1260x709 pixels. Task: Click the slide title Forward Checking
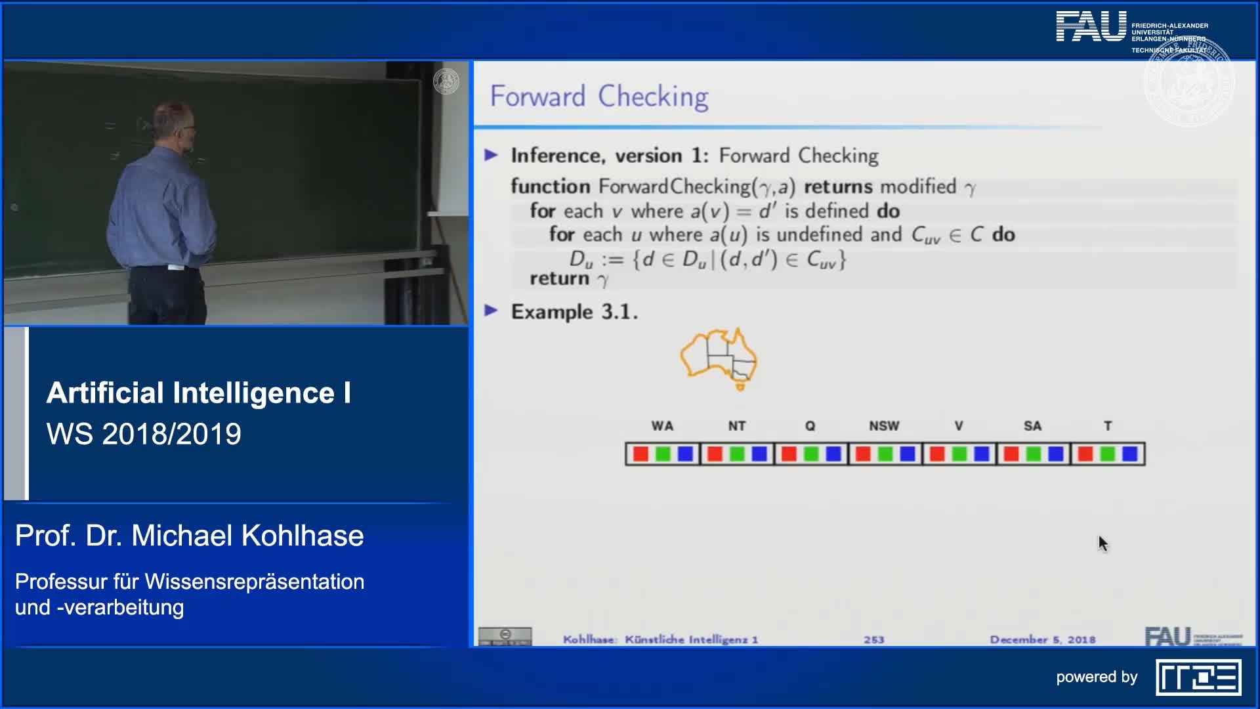pyautogui.click(x=598, y=97)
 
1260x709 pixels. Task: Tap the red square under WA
pyautogui.click(x=640, y=454)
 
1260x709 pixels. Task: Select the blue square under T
pyautogui.click(x=1129, y=454)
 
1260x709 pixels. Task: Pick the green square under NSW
pyautogui.click(x=885, y=454)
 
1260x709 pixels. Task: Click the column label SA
pyautogui.click(x=1032, y=426)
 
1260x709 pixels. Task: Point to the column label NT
pyautogui.click(x=736, y=426)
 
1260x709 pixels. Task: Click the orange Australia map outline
pyautogui.click(x=719, y=359)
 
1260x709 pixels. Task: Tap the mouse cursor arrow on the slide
pyautogui.click(x=1102, y=543)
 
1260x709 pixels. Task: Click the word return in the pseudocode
pyautogui.click(x=559, y=278)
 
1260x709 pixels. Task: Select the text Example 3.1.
pyautogui.click(x=574, y=312)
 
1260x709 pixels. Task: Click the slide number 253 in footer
pyautogui.click(x=873, y=639)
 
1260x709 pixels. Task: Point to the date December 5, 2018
pyautogui.click(x=1042, y=639)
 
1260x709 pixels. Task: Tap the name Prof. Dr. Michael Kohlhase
pyautogui.click(x=189, y=536)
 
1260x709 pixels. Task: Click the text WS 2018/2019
pyautogui.click(x=144, y=434)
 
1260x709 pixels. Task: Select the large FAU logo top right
pyautogui.click(x=1091, y=28)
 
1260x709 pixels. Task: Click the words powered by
pyautogui.click(x=1096, y=677)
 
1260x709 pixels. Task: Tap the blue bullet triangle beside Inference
pyautogui.click(x=491, y=155)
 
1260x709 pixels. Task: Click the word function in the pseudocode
pyautogui.click(x=550, y=186)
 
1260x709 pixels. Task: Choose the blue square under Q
pyautogui.click(x=833, y=454)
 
